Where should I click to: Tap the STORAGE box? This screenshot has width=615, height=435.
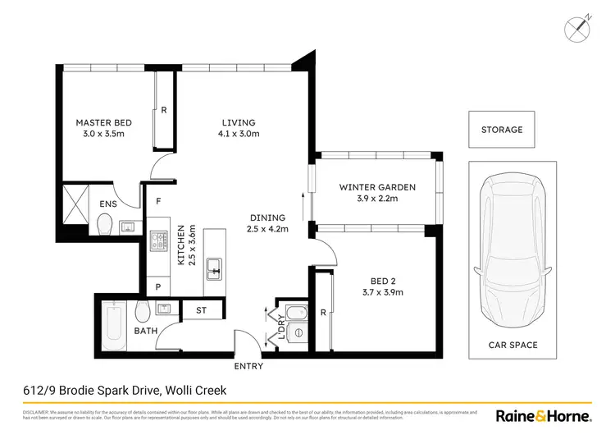click(501, 130)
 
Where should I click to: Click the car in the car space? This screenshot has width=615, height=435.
click(512, 246)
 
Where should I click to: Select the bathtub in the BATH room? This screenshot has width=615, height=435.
click(115, 315)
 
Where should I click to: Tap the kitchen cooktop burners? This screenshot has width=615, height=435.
click(157, 243)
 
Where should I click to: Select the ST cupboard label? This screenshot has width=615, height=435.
click(202, 311)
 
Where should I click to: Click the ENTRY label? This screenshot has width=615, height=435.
click(248, 366)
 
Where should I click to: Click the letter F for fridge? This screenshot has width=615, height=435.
click(157, 200)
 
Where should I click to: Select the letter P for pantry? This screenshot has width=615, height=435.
click(157, 286)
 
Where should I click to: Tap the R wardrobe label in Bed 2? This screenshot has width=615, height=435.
click(323, 313)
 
